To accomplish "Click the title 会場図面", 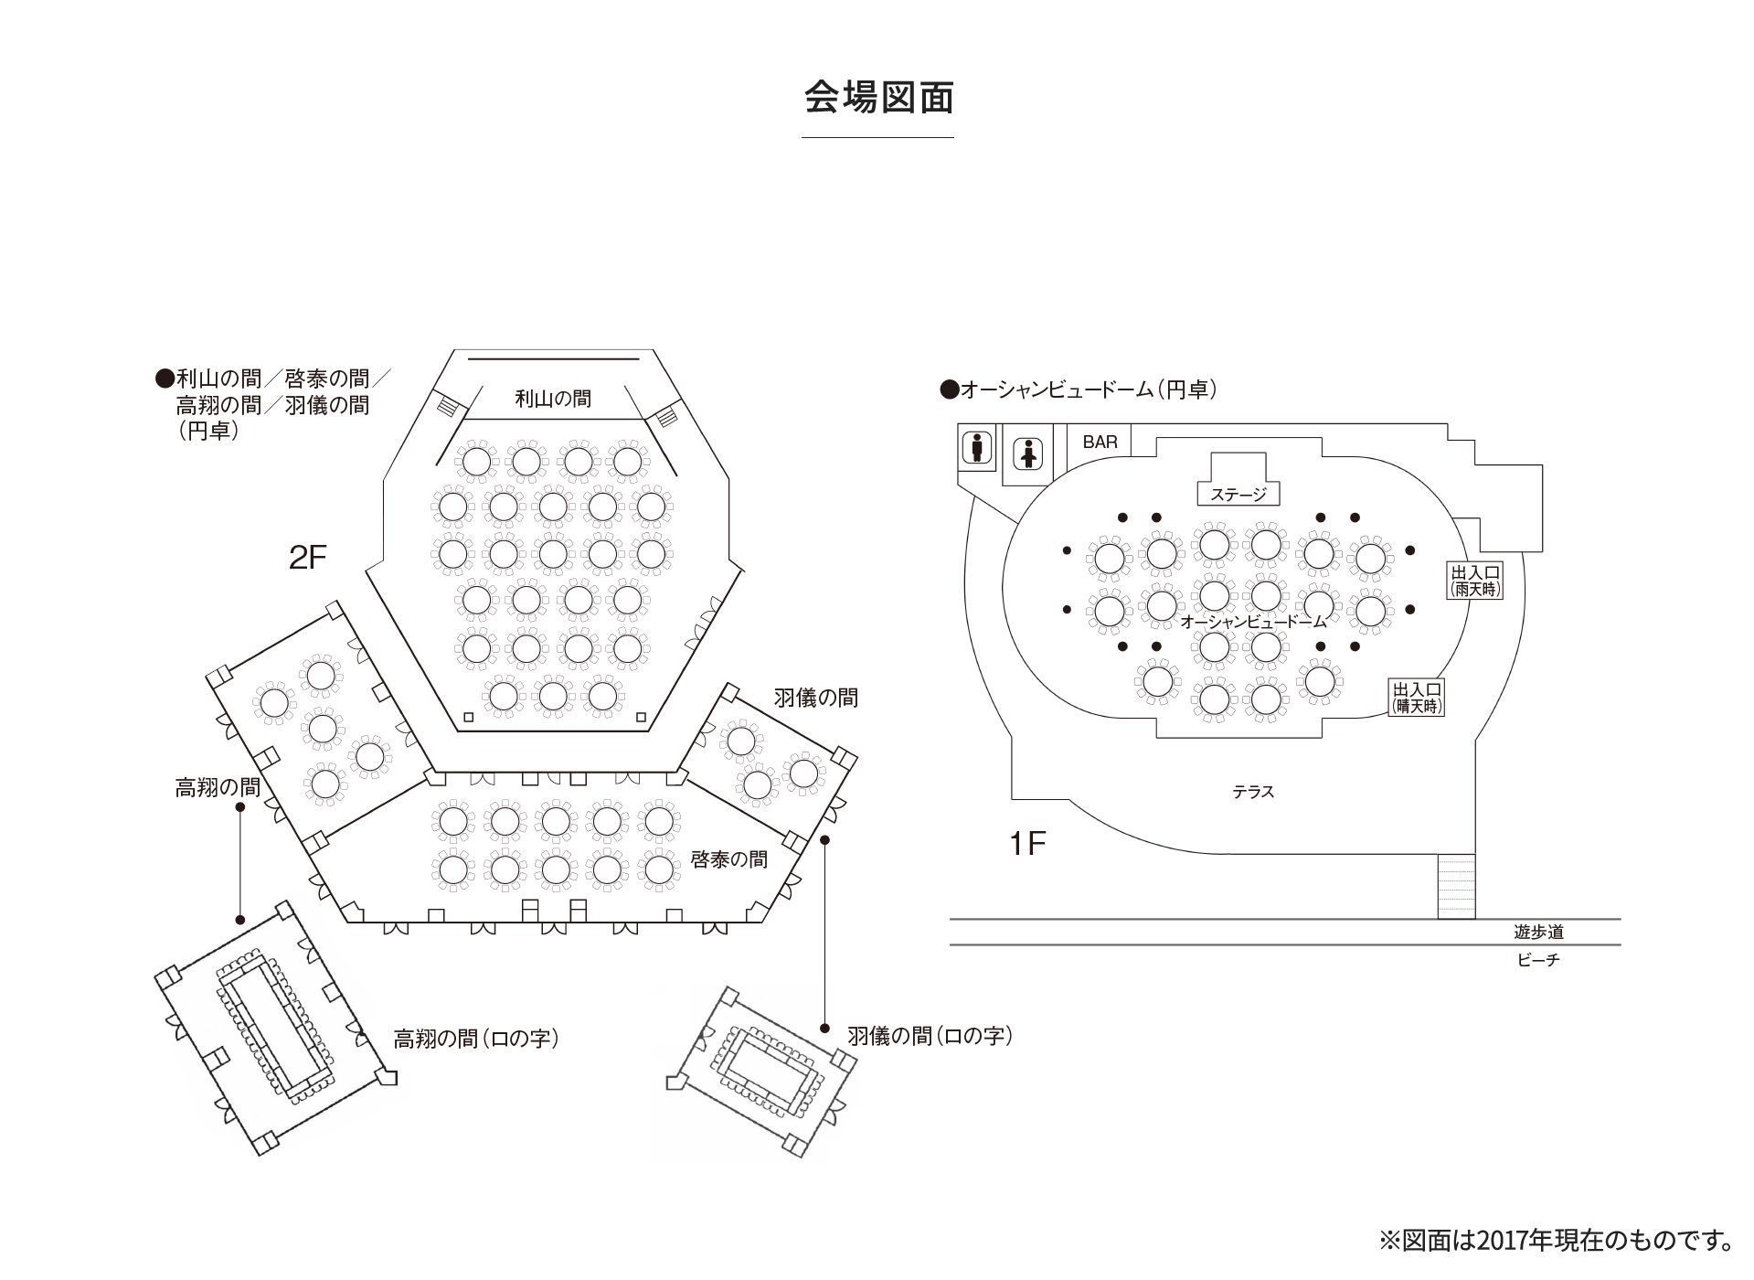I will coord(878,99).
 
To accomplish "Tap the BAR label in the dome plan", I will coord(1100,442).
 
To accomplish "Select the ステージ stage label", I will coord(1238,495).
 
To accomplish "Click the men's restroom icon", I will coord(977,448).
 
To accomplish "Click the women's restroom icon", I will coord(1029,454).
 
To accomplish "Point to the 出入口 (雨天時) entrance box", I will coord(1475,581).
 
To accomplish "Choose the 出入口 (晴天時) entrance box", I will coord(1416,698).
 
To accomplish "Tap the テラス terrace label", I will coord(1253,793).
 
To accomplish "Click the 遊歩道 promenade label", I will coord(1538,932).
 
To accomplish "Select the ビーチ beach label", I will coord(1538,960).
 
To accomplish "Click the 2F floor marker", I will coord(307,557).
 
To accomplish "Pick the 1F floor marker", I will coord(1027,843).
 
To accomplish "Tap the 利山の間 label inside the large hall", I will coord(553,399).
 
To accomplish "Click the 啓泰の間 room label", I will coord(728,859).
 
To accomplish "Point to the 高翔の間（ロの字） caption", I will coord(476,1039).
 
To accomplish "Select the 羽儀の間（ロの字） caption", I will coord(930,1036).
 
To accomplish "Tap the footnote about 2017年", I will coord(1557,1240).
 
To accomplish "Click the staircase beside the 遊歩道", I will coord(1456,886).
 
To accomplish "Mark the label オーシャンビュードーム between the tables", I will coord(1253,622).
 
